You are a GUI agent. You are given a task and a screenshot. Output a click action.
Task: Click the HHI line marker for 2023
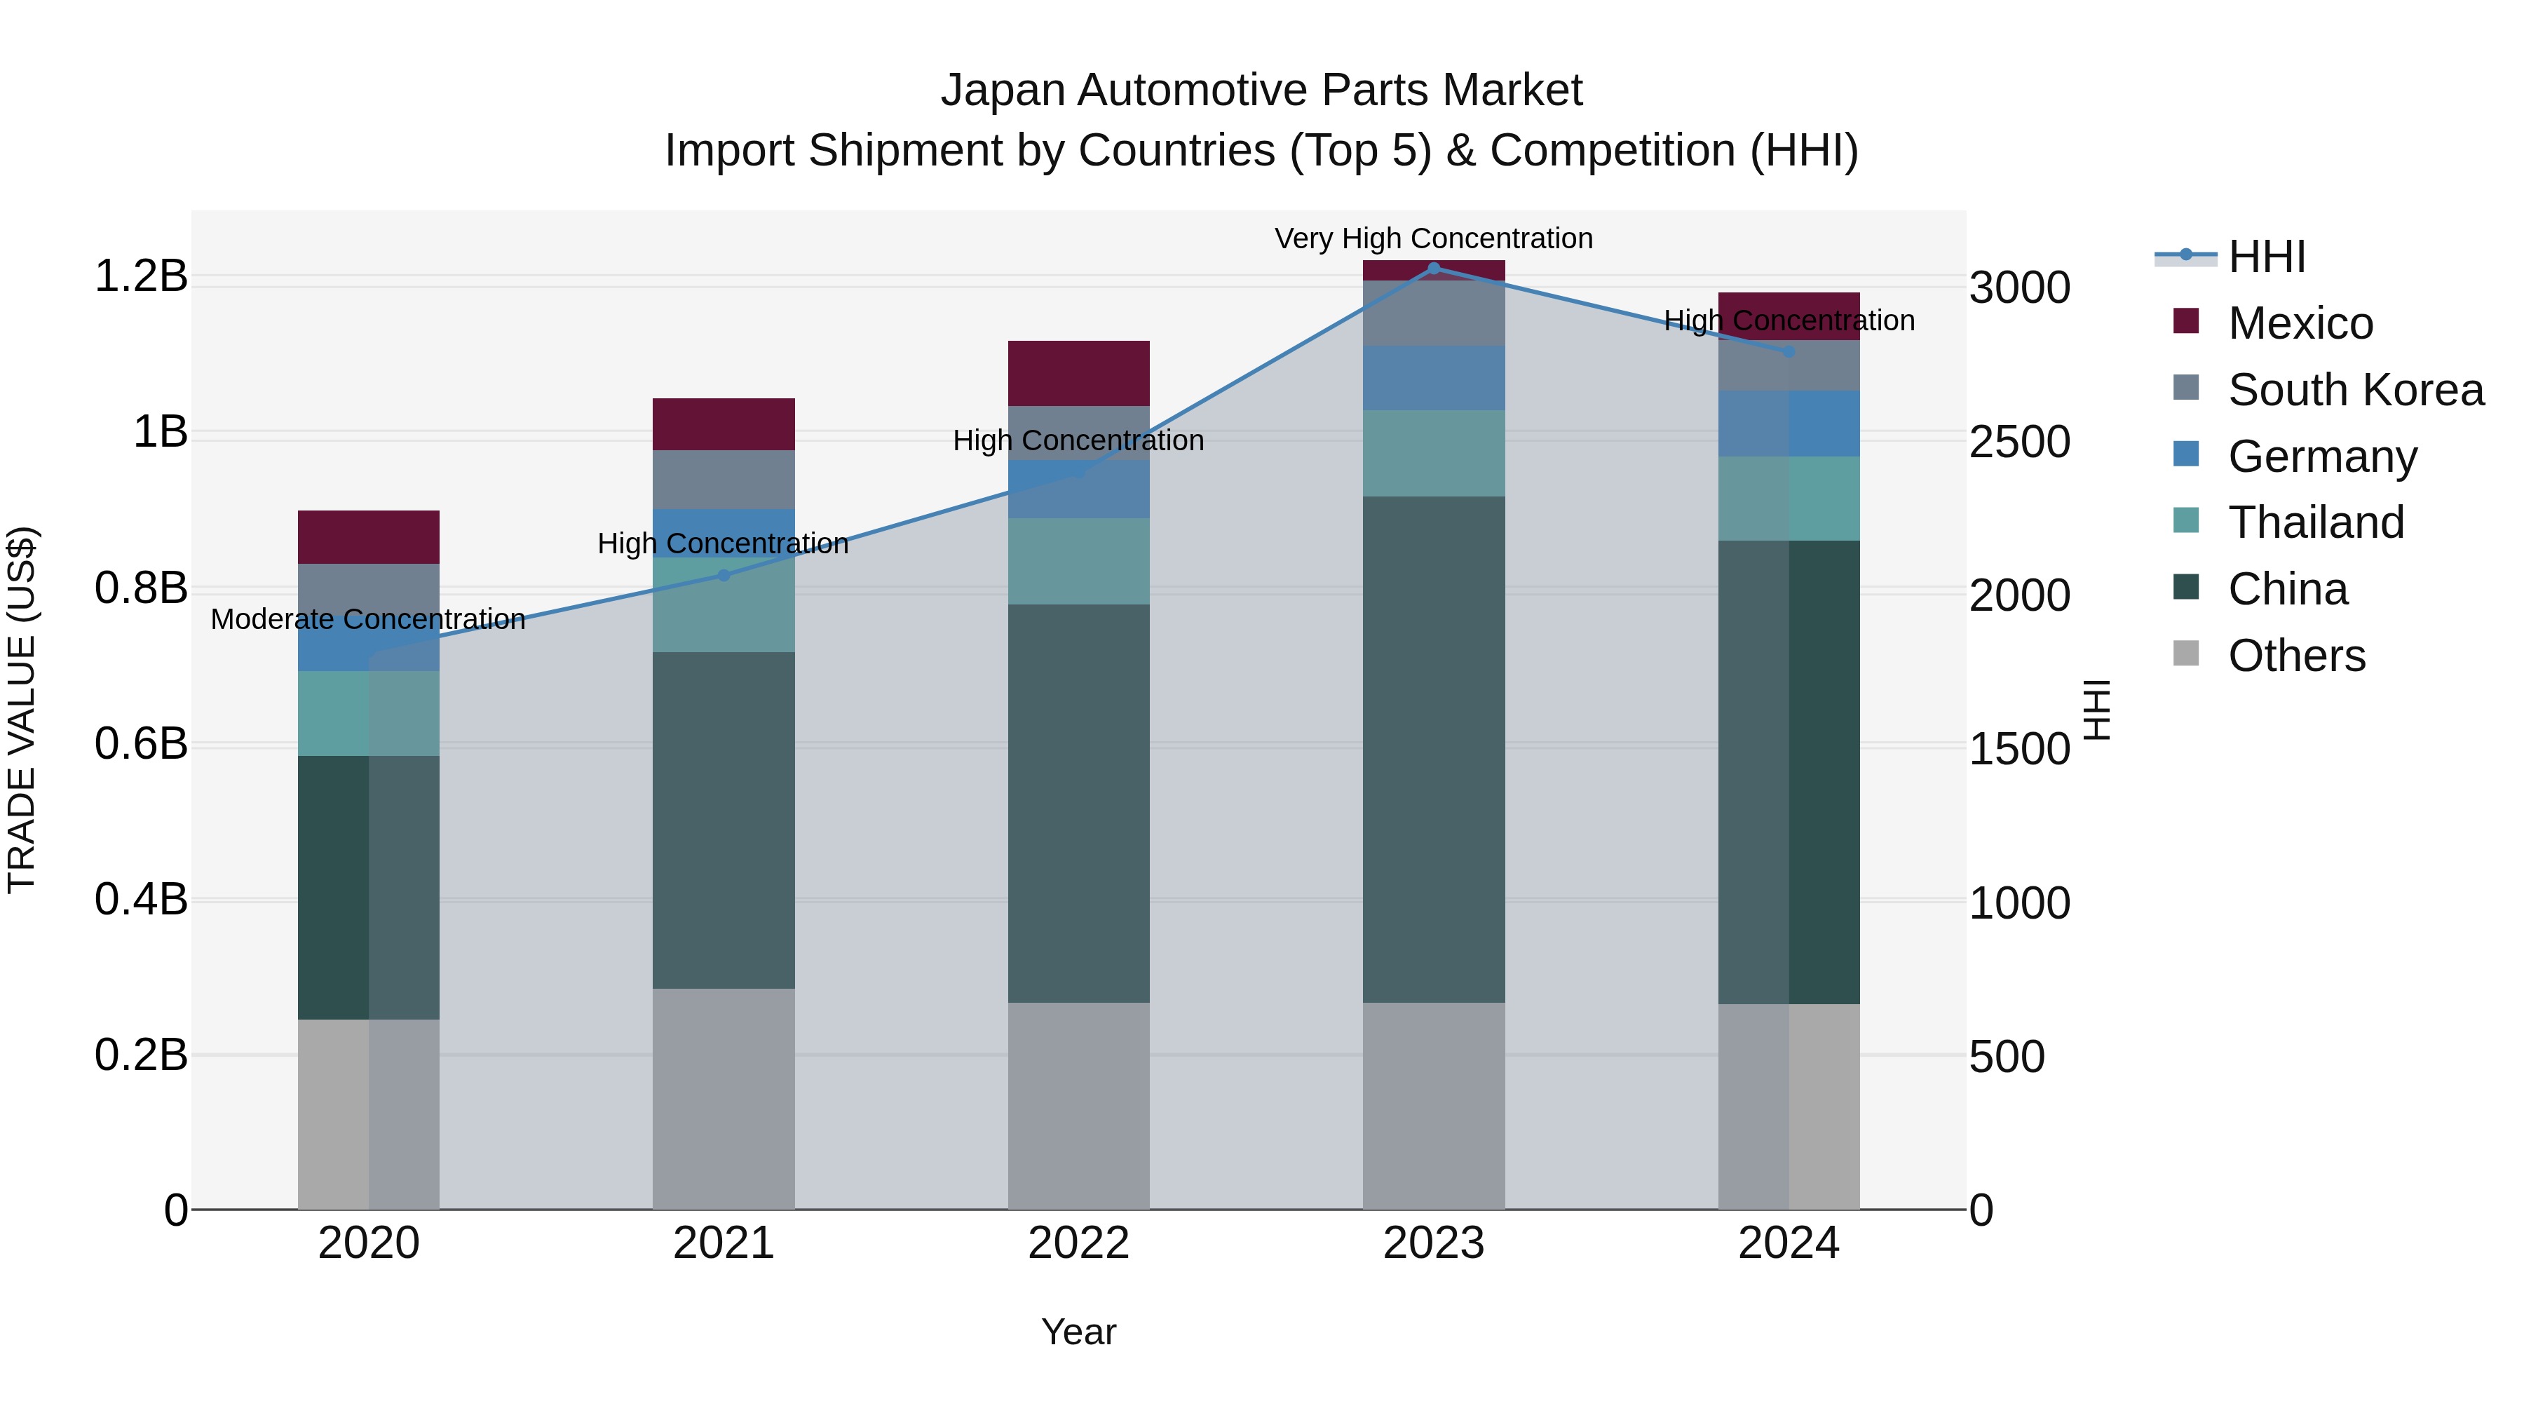(1434, 269)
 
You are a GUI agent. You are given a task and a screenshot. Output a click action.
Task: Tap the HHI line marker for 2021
(724, 575)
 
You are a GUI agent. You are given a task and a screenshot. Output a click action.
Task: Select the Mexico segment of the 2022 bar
(1079, 373)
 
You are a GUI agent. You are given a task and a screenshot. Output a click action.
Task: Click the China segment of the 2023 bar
(1434, 749)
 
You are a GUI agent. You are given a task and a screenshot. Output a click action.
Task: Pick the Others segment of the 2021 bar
(724, 1099)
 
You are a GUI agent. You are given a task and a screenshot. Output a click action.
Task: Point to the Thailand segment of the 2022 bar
(1079, 560)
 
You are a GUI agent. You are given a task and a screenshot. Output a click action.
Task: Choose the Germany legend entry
(2322, 457)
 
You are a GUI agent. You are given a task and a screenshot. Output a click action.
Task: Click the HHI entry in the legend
(2266, 257)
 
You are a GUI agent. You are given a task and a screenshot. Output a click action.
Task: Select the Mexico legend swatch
(2186, 321)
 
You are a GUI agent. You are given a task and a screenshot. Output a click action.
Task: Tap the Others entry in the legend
(2295, 656)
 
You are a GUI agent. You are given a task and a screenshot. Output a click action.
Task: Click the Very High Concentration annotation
(1434, 239)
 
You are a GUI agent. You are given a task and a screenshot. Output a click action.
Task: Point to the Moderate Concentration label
(368, 619)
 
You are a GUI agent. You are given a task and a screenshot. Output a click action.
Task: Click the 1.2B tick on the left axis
(141, 276)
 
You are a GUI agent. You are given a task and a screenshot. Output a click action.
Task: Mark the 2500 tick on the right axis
(2019, 442)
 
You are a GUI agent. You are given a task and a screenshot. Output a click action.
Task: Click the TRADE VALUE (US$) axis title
(22, 710)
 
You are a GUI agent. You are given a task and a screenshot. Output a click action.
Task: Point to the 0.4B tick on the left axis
(141, 900)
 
